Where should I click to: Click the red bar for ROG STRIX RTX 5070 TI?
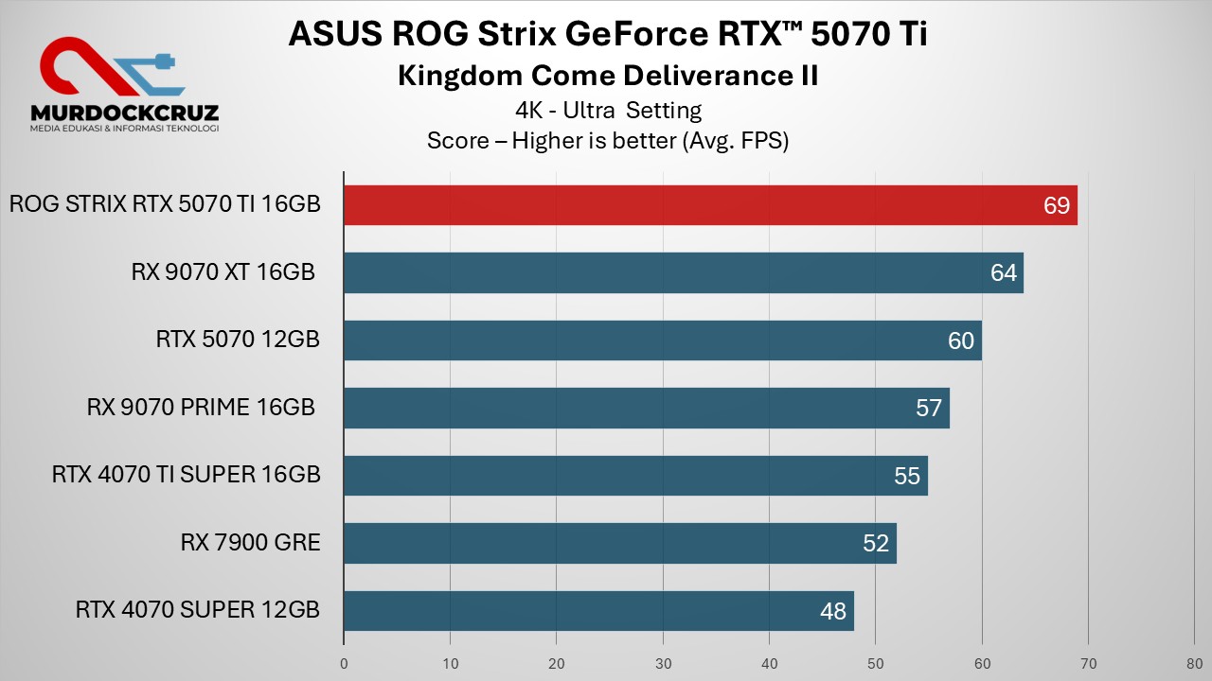coord(710,205)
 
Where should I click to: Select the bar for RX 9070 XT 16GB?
coord(683,272)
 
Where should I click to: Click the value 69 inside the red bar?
coord(1056,205)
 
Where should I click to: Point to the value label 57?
coord(929,408)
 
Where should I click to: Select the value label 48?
coord(832,611)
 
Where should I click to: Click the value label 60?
coord(960,340)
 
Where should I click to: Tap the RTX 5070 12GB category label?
coord(238,340)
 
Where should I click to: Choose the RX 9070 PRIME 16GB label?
coord(201,408)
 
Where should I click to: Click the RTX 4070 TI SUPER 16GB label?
coord(187,475)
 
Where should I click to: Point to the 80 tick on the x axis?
coord(1195,663)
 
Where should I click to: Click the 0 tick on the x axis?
coord(344,663)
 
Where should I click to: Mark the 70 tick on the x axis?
coord(1088,663)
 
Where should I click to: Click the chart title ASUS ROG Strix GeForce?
coord(607,34)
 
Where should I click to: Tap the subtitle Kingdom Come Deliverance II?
coord(607,76)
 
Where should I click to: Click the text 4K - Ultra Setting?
coord(607,111)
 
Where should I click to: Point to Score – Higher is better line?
coord(607,141)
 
